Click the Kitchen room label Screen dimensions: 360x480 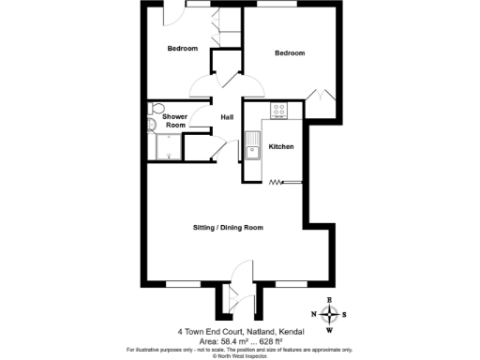pos(281,147)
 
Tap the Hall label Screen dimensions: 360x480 pos(227,117)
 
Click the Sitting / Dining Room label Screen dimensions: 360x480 pos(227,228)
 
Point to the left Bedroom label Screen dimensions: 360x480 pos(183,49)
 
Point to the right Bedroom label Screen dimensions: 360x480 pos(290,53)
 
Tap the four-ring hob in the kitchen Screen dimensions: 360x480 pos(279,111)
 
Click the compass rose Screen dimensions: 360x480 pos(329,314)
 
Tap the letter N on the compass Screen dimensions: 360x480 pos(313,314)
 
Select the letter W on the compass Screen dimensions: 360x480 pos(329,330)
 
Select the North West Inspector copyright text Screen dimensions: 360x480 pos(240,355)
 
